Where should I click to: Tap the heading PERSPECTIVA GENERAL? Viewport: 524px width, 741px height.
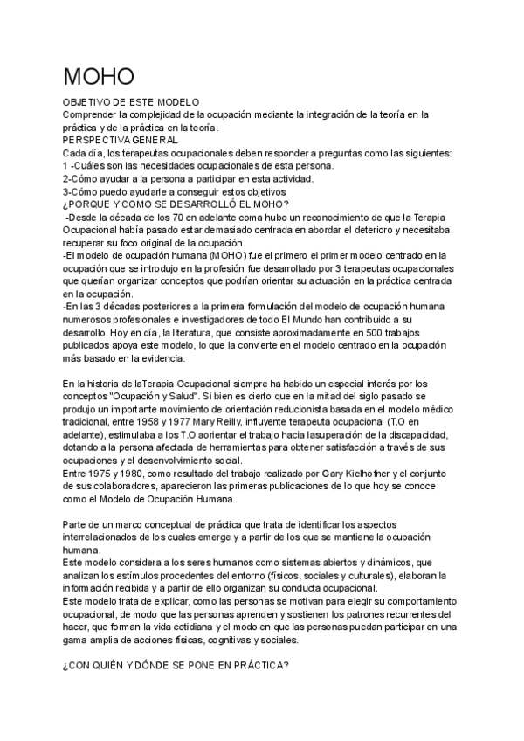pos(121,140)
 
